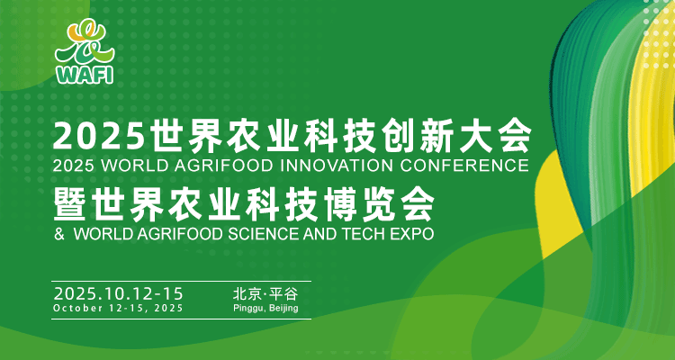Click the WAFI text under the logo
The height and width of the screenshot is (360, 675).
pos(85,76)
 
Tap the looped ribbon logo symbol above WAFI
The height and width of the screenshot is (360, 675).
pos(85,43)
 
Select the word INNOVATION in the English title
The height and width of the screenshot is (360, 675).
pos(337,166)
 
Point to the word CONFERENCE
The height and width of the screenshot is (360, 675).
pos(464,166)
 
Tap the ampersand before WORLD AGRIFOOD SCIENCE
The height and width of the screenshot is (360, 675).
pos(59,233)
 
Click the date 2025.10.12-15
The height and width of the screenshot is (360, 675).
pos(119,294)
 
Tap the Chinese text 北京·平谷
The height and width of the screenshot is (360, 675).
pos(265,294)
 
